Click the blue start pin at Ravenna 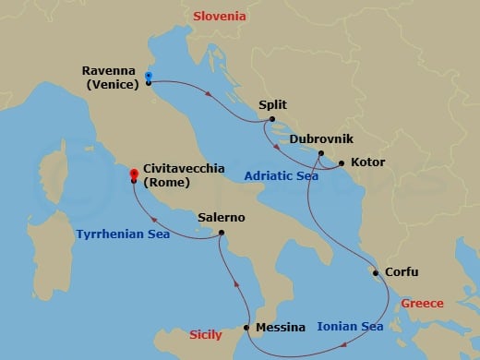click(x=149, y=78)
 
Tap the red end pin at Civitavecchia click(x=134, y=174)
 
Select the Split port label click(x=273, y=106)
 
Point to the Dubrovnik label click(x=318, y=139)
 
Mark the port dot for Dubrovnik click(x=320, y=153)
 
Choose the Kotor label click(x=367, y=163)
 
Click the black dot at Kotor click(x=341, y=164)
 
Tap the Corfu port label click(x=401, y=272)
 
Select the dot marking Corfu click(x=374, y=272)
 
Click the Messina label click(x=281, y=328)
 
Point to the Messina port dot click(x=246, y=328)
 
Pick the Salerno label click(x=222, y=218)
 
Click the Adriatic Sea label click(x=282, y=176)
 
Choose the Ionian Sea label click(x=350, y=326)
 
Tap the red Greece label click(x=422, y=303)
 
